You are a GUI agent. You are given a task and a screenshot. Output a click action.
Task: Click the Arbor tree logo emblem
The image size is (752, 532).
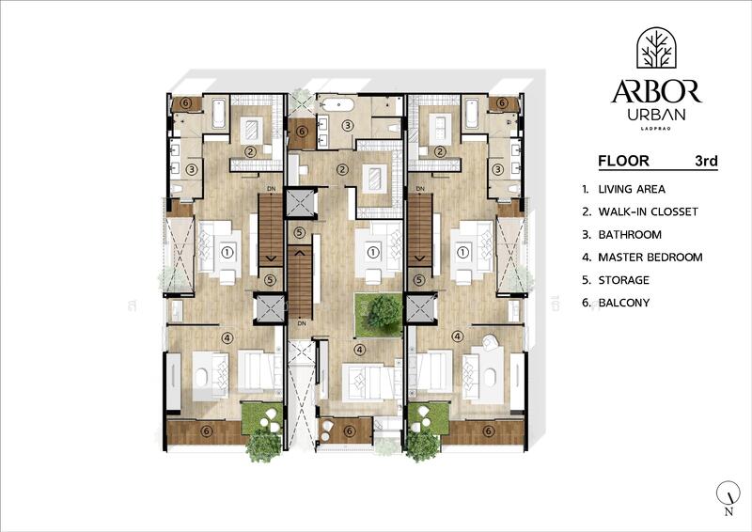(655, 50)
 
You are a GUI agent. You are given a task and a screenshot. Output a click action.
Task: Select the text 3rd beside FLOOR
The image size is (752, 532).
(706, 161)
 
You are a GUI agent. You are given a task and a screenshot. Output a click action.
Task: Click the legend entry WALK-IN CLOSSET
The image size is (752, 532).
(648, 211)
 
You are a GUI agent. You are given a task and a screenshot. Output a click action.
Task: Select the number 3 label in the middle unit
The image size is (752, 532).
(347, 126)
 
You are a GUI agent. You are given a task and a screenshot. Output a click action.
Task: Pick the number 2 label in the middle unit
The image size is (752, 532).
(343, 170)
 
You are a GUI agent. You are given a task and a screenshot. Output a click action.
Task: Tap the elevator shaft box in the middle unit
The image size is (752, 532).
(301, 202)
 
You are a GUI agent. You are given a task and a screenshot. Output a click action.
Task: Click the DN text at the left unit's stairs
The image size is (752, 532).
(271, 189)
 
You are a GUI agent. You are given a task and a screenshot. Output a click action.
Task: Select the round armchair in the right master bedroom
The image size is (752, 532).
(489, 342)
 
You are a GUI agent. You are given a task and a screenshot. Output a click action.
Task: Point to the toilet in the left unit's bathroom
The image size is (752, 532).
(176, 190)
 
